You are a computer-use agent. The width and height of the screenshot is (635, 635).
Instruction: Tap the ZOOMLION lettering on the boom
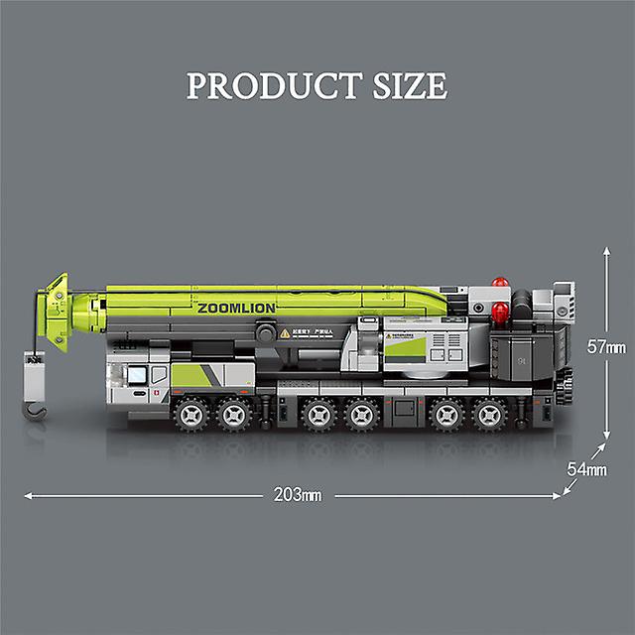click(x=236, y=309)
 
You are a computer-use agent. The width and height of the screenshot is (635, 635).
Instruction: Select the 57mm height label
click(x=604, y=347)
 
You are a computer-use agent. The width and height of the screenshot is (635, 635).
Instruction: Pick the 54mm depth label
click(x=587, y=469)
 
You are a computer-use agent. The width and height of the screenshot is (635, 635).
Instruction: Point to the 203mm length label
click(x=300, y=493)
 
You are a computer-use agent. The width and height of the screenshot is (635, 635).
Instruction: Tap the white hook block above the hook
click(x=35, y=377)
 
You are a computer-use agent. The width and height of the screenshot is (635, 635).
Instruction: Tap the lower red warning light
click(x=501, y=315)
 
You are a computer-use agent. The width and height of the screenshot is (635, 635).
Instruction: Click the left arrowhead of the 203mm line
click(x=27, y=493)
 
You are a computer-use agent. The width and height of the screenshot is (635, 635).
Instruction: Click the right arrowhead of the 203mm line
click(x=557, y=493)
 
